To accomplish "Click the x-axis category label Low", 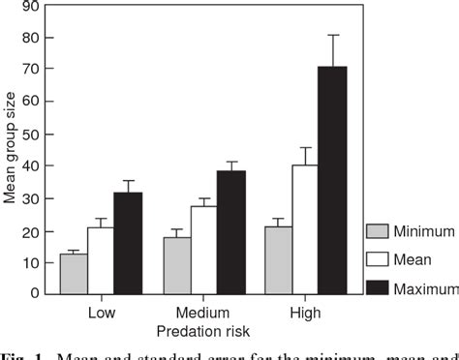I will click(x=101, y=313).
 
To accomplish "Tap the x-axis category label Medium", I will click(x=202, y=313).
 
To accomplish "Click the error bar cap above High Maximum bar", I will click(x=332, y=35).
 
